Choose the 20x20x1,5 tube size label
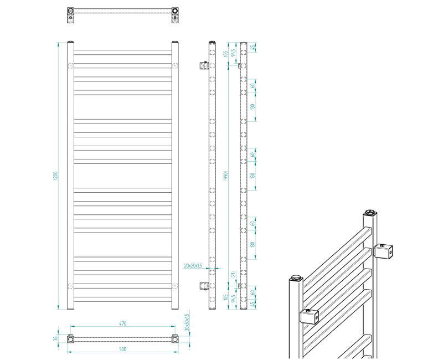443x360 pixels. [192, 265]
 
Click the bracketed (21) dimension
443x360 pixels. [234, 274]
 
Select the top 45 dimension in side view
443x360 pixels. [254, 48]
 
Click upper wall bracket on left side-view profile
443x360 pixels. [203, 65]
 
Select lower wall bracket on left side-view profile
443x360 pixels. [203, 286]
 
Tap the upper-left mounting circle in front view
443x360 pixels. [70, 66]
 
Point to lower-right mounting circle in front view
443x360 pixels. [176, 286]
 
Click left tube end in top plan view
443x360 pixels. [70, 12]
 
